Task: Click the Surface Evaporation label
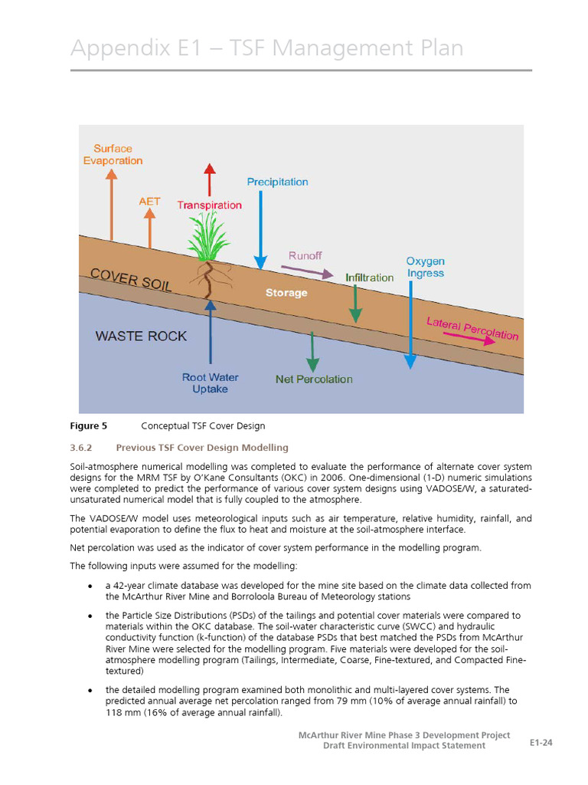tap(113, 154)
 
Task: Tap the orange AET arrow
tap(149, 226)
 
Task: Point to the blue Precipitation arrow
tap(261, 230)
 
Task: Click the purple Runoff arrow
tap(307, 272)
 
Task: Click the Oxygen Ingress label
tap(425, 267)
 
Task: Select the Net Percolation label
tap(314, 379)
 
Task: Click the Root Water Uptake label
tap(210, 383)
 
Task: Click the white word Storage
tap(286, 293)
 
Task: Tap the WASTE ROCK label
tap(141, 336)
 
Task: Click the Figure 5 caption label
tap(89, 425)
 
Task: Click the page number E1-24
tap(541, 743)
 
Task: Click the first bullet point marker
tap(90, 586)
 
